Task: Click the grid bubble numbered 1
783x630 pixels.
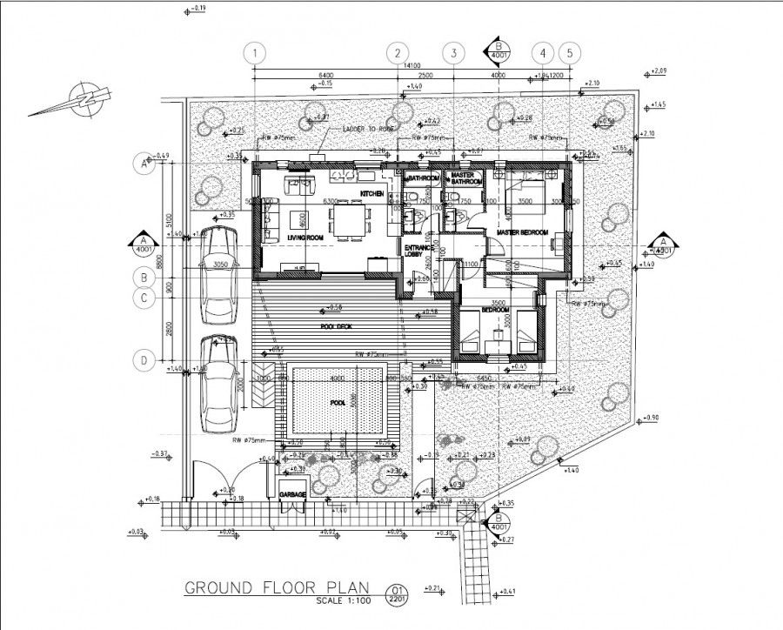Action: coord(254,53)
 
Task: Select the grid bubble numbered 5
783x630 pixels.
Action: coord(570,53)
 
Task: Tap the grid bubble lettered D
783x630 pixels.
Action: coord(144,359)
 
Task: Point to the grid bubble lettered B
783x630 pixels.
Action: coord(144,278)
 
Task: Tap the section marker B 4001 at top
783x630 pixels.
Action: coord(499,50)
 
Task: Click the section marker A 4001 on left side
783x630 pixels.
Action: coord(143,242)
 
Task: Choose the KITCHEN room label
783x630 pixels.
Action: coord(371,193)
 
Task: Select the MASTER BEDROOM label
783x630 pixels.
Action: coord(523,233)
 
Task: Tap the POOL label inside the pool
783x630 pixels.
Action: coord(338,404)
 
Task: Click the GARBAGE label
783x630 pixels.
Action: coord(292,494)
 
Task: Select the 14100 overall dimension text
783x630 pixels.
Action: coord(410,65)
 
